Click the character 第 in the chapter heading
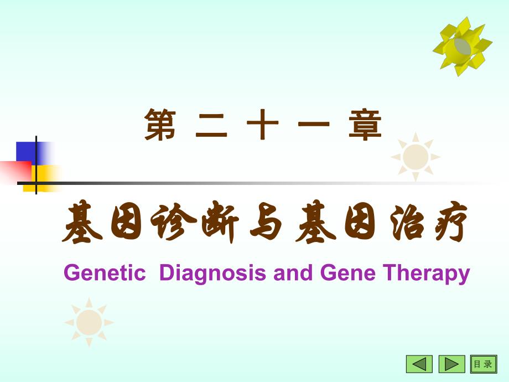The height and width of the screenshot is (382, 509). [160, 125]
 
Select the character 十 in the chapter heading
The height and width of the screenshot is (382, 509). [262, 125]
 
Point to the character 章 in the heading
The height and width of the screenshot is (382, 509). [365, 125]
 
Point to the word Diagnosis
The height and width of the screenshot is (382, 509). [214, 273]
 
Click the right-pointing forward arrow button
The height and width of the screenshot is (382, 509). [452, 364]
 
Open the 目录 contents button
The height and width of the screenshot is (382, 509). [483, 364]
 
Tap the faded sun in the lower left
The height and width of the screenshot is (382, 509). [89, 322]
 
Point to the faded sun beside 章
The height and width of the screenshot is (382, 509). [415, 157]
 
